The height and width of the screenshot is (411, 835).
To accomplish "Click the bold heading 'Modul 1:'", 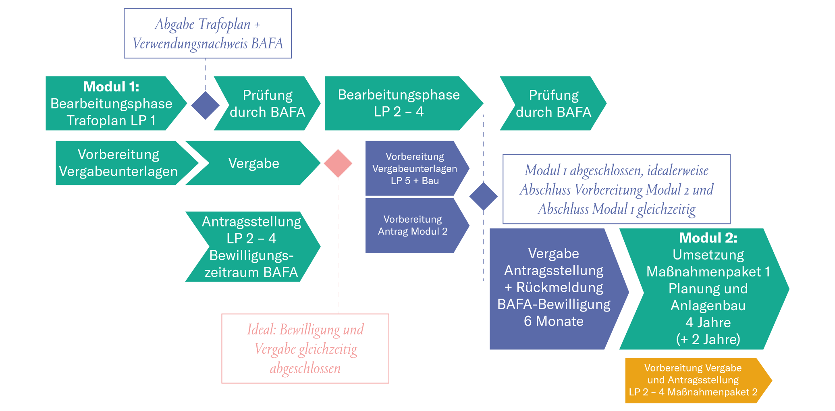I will [x=111, y=87].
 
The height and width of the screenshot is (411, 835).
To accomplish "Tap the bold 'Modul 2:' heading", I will [x=708, y=238].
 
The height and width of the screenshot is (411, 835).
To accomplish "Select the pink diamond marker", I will [x=338, y=164].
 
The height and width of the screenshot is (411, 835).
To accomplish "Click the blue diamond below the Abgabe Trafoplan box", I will [x=205, y=105].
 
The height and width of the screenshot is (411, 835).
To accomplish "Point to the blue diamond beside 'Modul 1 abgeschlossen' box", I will [x=484, y=196].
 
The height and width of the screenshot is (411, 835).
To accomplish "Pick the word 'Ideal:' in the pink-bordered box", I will [x=262, y=330].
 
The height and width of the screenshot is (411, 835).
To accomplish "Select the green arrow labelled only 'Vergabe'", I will [x=253, y=163].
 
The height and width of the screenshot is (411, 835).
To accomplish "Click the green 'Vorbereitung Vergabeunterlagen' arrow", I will [x=118, y=163].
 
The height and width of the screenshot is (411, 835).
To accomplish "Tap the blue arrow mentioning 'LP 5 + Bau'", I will [x=415, y=168].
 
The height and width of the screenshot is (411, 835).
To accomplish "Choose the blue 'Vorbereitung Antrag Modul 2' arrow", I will [x=413, y=225].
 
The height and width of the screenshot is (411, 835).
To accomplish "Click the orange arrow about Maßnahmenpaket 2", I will [x=693, y=380].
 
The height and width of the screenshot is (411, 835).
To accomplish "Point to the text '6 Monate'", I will [x=553, y=321].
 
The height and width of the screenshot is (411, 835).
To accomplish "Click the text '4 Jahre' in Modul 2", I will [x=708, y=322].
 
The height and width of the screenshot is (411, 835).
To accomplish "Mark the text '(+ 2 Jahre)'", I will [x=708, y=339].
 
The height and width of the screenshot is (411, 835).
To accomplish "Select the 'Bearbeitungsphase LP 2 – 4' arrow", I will [x=399, y=103].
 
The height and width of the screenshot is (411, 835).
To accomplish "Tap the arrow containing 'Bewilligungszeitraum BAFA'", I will [x=251, y=247].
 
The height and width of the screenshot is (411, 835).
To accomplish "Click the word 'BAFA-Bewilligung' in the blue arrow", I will [x=554, y=304].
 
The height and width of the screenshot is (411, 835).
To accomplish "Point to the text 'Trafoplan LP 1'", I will [x=111, y=120].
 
